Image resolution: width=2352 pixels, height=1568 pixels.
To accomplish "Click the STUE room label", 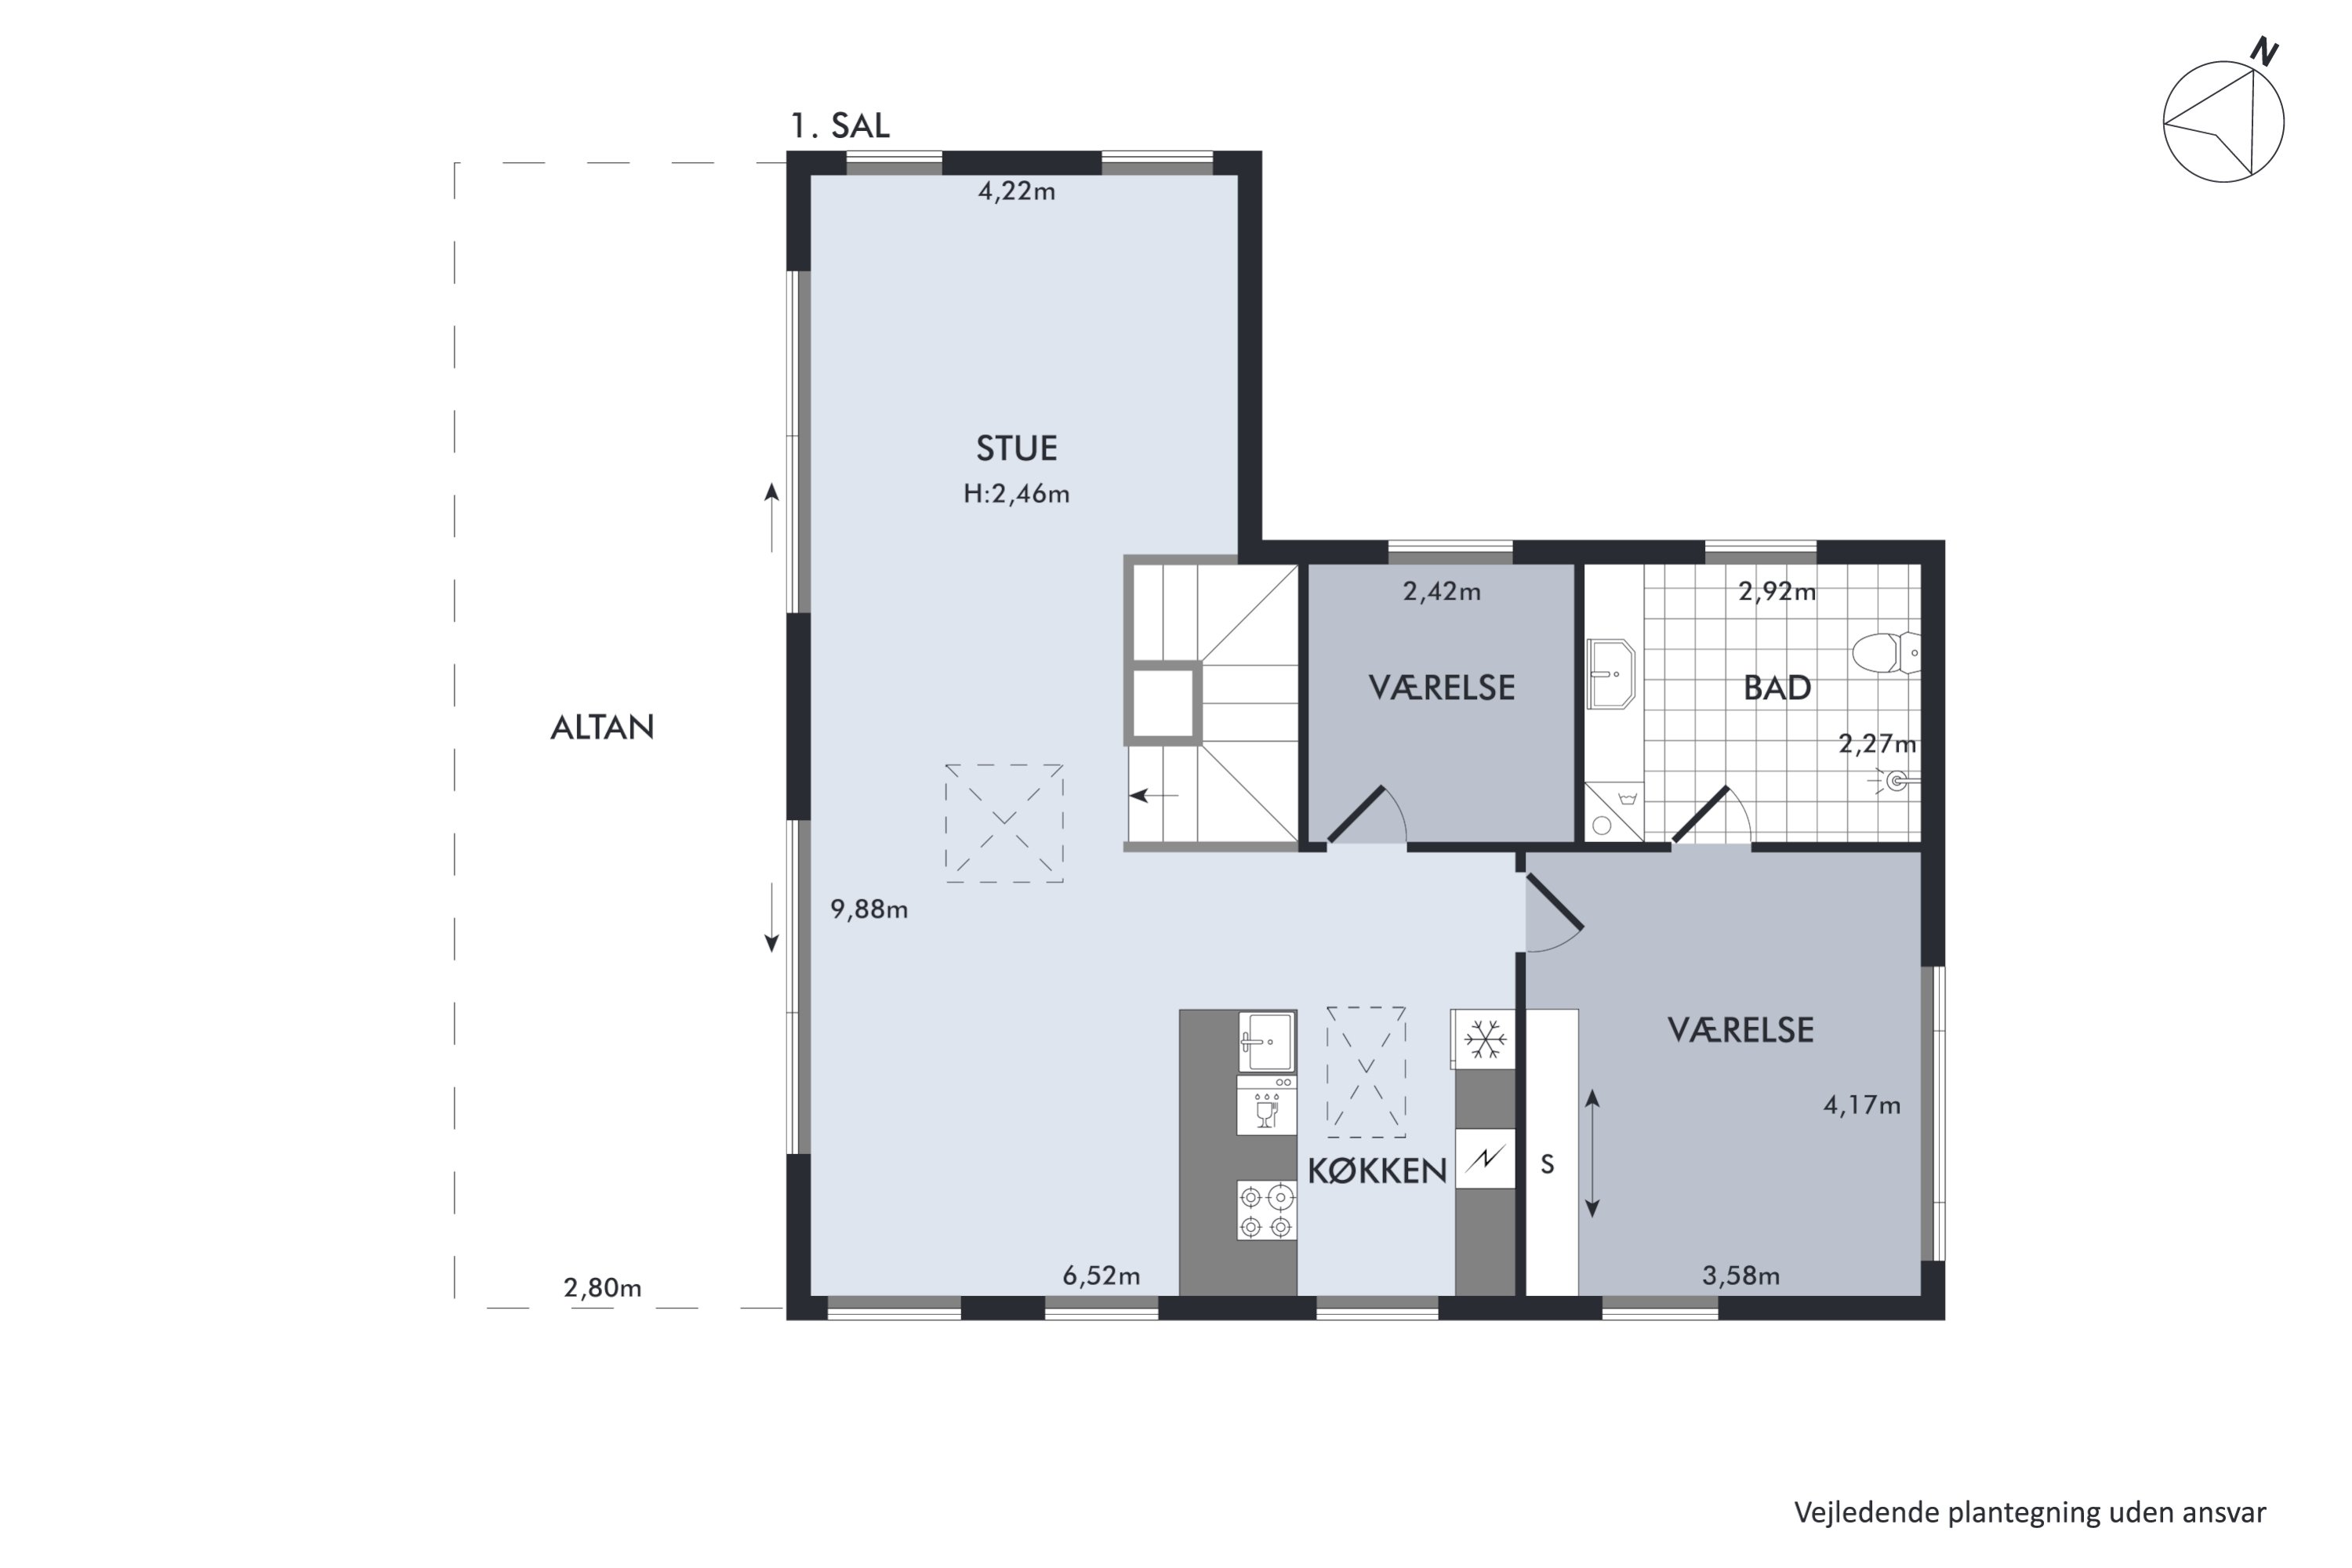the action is coord(1016,448).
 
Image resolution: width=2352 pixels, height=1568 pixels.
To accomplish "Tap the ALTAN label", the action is coord(602,727).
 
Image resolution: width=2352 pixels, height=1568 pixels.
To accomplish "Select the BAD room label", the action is coord(1777,688).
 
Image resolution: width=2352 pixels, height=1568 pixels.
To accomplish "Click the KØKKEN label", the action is coord(1377,1171).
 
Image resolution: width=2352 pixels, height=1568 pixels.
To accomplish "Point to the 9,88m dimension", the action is coord(869,909).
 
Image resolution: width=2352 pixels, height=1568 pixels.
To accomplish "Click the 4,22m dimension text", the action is coord(1016,191).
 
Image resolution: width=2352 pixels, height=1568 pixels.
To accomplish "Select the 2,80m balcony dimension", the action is coord(602,1288).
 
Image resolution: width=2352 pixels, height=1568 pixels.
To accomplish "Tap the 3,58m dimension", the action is coord(1741,1276).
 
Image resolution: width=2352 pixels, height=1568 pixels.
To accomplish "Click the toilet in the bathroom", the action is coord(1885,653).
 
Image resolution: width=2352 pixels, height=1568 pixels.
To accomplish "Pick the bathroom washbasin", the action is coord(1611,674).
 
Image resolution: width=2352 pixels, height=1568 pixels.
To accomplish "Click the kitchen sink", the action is coord(1267,1041).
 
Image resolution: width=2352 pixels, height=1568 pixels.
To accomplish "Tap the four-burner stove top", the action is coord(1267,1211).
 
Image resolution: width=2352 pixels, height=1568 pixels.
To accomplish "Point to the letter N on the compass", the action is coord(2265,52).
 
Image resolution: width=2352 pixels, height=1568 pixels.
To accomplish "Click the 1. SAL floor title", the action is coord(840,126).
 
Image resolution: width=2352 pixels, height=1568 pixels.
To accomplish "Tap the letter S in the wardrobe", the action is coord(1547,1164).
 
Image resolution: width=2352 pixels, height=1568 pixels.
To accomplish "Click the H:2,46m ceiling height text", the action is coord(1016,494).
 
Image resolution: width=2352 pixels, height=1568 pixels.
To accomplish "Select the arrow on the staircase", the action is coord(1154,796).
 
